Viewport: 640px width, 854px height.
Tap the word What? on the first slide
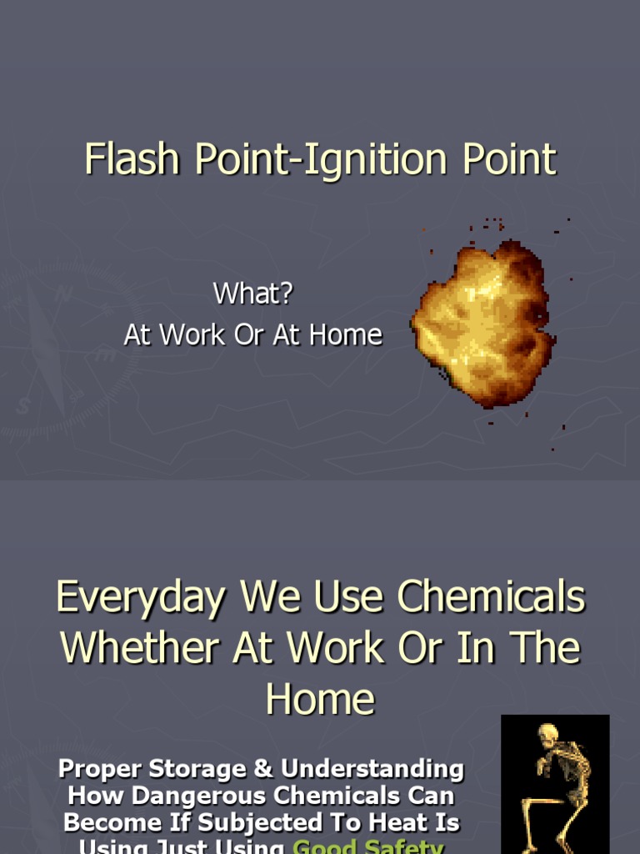coord(253,294)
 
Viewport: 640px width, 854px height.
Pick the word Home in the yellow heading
coord(320,699)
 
